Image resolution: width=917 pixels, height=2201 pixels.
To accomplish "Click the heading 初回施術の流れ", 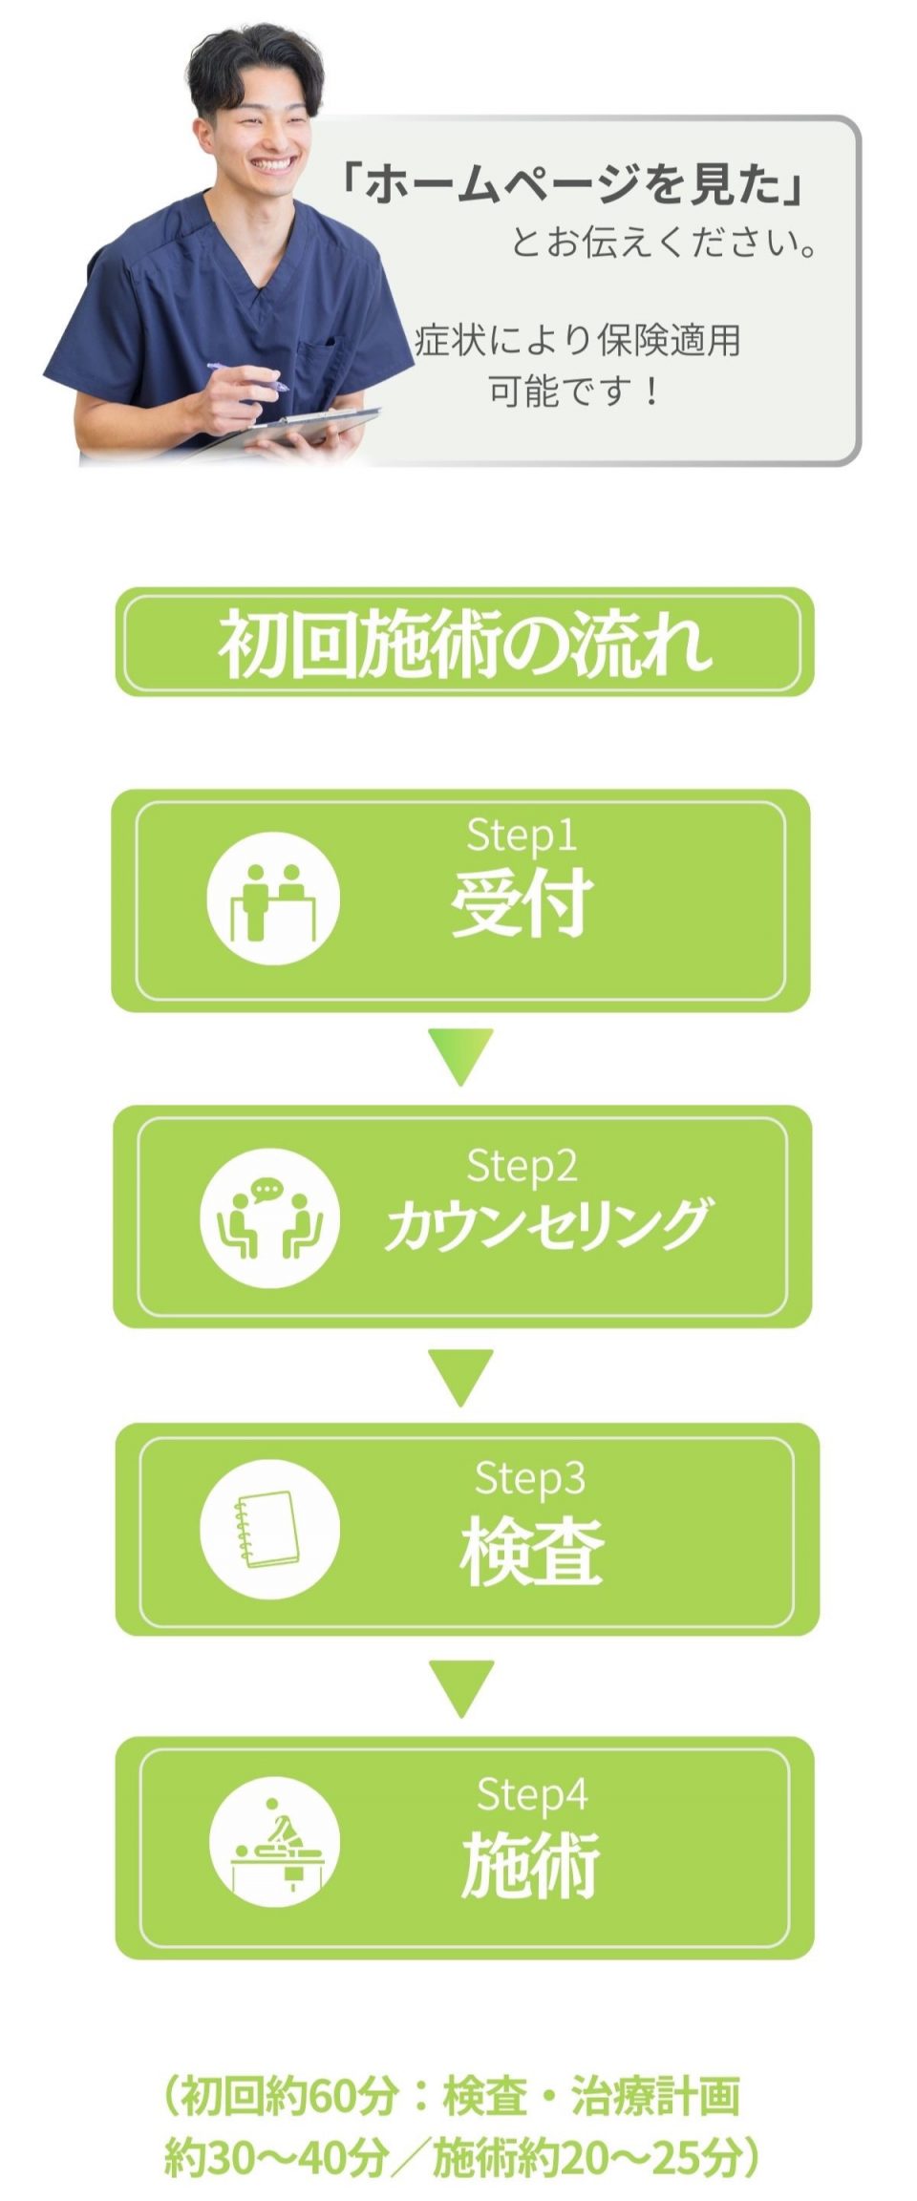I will click(x=464, y=643).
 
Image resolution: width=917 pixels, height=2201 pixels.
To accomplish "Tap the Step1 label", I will click(x=522, y=836).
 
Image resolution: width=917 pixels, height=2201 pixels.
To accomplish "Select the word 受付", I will click(x=522, y=902).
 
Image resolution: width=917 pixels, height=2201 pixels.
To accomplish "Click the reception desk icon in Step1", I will click(x=273, y=899).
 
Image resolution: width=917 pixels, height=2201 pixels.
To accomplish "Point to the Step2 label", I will click(x=522, y=1166).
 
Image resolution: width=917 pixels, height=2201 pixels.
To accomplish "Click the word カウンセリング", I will click(x=546, y=1225).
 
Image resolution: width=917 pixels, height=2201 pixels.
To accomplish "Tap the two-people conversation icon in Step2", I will click(x=269, y=1217).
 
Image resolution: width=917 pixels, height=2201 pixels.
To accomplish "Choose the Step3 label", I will click(x=529, y=1477).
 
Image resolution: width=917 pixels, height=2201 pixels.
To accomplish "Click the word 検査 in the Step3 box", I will click(x=531, y=1552).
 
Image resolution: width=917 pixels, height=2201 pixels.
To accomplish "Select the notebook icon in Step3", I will click(x=269, y=1529).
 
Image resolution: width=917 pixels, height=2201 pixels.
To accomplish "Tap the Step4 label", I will click(x=531, y=1794).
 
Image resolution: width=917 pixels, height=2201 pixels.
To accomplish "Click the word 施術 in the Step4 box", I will click(x=531, y=1865).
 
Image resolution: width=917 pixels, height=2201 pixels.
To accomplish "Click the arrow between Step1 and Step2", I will click(x=460, y=1055).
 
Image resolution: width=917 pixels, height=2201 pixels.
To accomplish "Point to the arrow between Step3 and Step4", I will click(x=461, y=1687).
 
